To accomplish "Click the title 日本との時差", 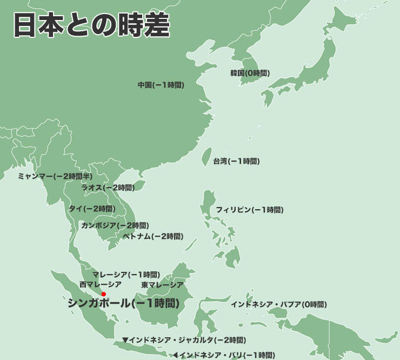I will (91, 25).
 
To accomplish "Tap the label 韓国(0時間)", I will (250, 73).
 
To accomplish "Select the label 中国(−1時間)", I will (161, 85).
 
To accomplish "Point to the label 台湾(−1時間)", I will (236, 161).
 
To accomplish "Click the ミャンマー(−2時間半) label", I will (55, 176).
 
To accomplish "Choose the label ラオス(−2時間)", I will (108, 188).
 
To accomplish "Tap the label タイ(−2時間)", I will (92, 208).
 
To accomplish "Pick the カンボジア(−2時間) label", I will (115, 225).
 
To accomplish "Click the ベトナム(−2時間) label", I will (153, 236).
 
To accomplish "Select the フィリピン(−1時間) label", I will (249, 209).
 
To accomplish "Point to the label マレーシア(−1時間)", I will (126, 274).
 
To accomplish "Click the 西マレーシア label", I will (101, 284).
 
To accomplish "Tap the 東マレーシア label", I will (162, 285).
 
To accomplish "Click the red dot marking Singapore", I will (103, 294).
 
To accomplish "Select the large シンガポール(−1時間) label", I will (124, 303).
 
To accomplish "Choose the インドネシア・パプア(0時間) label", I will (278, 304).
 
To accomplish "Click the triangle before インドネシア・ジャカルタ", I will (125, 340).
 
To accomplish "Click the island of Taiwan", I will (206, 156).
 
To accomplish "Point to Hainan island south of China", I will (139, 186).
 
